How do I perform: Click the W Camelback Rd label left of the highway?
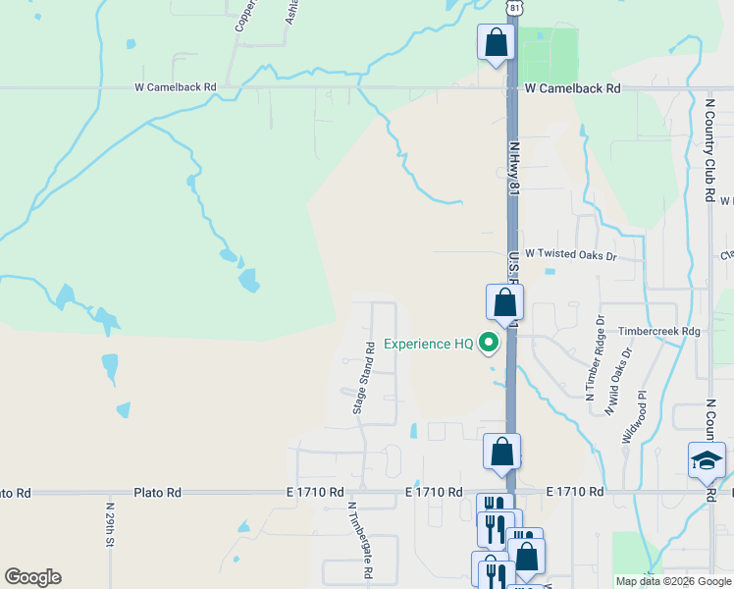pyautogui.click(x=175, y=87)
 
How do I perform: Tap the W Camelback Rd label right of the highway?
pyautogui.click(x=573, y=88)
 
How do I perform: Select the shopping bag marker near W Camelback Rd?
pyautogui.click(x=497, y=43)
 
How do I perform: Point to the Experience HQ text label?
pyautogui.click(x=429, y=344)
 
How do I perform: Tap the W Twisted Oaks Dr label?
pyautogui.click(x=570, y=253)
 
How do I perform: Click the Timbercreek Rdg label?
pyautogui.click(x=658, y=332)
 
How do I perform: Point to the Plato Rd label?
pyautogui.click(x=158, y=492)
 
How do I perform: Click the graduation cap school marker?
pyautogui.click(x=707, y=459)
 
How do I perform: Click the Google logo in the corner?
pyautogui.click(x=32, y=577)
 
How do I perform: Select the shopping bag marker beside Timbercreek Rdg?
pyautogui.click(x=504, y=302)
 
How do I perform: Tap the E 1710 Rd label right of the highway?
pyautogui.click(x=573, y=491)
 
